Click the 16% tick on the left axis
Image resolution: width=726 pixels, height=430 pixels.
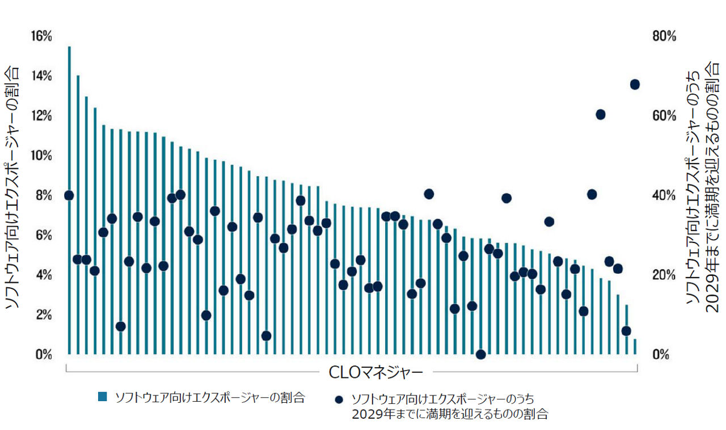coord(41,37)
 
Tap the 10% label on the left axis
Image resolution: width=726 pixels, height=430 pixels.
coord(41,156)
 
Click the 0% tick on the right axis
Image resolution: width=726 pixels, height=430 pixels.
coord(660,355)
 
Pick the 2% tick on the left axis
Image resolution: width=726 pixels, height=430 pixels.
coord(43,315)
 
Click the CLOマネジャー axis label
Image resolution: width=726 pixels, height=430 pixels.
coord(375,372)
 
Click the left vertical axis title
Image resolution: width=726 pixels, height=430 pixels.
coord(12,187)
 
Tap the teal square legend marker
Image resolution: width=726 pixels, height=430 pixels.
coord(103,397)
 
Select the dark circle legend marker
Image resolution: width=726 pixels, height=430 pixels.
coord(339,399)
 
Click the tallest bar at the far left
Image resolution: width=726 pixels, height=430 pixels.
coord(69,198)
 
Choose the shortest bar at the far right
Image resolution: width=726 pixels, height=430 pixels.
coord(635,347)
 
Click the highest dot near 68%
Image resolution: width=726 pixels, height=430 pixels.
coord(635,84)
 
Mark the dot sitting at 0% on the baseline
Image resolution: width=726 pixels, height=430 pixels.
coord(480,355)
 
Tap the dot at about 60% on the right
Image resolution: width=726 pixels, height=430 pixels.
coord(601,114)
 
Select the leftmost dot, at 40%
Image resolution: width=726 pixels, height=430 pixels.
coord(69,195)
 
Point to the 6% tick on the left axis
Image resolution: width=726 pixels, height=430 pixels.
coord(43,236)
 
